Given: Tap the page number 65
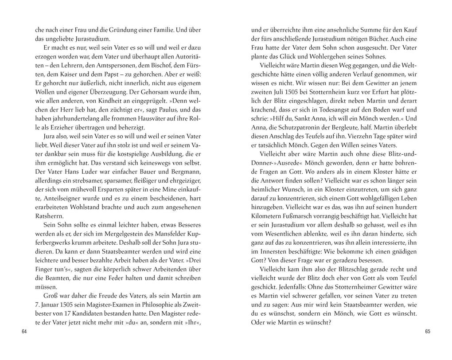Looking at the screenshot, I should [x=428, y=332].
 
